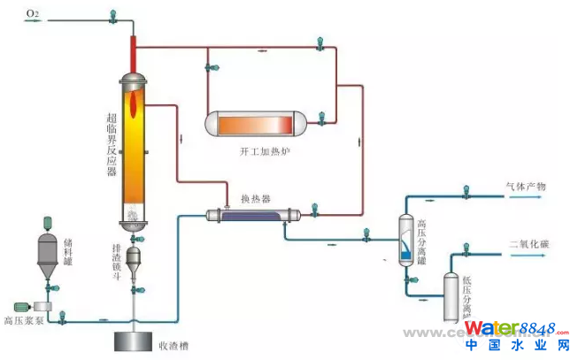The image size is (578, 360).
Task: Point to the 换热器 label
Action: click(x=255, y=199)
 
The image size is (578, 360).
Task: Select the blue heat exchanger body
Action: click(x=253, y=214)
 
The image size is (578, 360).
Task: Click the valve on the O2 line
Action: click(x=112, y=15)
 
